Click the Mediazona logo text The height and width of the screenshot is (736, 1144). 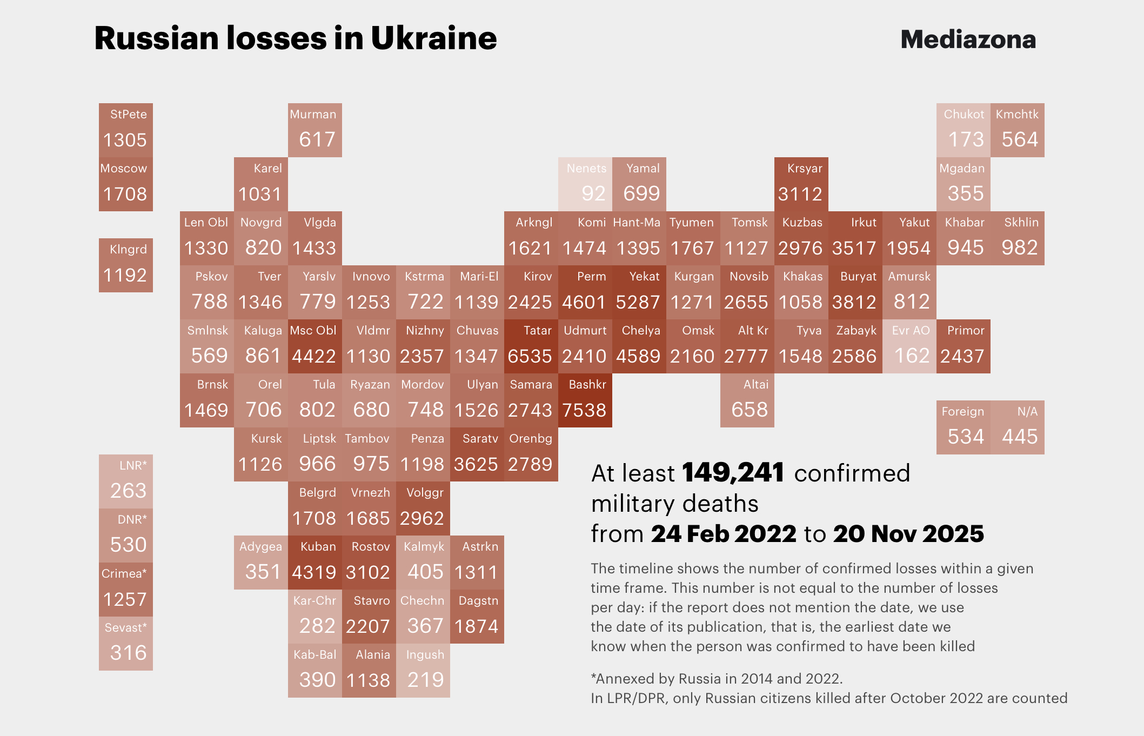tap(968, 39)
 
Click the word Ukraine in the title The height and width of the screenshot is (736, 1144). tap(433, 38)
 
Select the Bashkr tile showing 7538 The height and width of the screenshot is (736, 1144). tap(585, 400)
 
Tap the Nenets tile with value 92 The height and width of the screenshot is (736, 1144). tap(585, 184)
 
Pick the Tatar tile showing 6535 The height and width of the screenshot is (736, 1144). tap(531, 346)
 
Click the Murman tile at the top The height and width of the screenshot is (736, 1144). tap(315, 130)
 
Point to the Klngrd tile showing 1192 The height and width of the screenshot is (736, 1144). tap(125, 265)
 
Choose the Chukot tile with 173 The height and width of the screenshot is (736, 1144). tap(963, 130)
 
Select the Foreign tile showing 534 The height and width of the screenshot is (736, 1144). tap(963, 427)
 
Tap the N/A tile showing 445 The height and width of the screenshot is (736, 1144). tap(1018, 427)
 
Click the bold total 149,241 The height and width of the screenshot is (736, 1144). tap(733, 473)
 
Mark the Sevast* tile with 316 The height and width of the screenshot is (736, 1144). tap(125, 644)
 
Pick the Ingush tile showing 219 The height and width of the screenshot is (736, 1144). tap(423, 671)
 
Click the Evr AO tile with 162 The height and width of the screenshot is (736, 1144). tap(909, 346)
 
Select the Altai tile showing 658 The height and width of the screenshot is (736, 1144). tap(747, 400)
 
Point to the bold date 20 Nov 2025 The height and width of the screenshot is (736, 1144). tap(908, 534)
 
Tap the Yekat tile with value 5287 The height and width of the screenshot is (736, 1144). tap(639, 292)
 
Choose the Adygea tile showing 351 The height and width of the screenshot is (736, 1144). tap(260, 563)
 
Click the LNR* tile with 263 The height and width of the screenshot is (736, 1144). tap(125, 481)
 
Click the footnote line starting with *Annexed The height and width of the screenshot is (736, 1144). tap(717, 679)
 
